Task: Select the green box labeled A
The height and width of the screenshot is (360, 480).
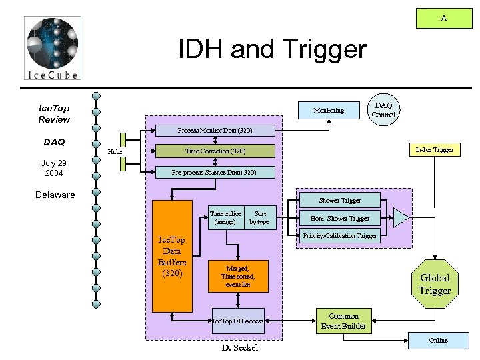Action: [x=443, y=19]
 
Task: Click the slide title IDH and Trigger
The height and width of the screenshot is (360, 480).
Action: [x=272, y=49]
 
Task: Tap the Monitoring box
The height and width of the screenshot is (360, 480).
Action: [x=329, y=110]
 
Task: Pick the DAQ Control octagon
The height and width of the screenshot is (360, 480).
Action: [x=383, y=110]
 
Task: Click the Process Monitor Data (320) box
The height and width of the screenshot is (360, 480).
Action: [x=214, y=130]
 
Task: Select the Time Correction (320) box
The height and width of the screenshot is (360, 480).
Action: [x=214, y=151]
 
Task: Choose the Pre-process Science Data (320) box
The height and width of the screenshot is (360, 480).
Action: [x=214, y=173]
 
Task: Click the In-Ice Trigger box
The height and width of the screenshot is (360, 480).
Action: [x=434, y=150]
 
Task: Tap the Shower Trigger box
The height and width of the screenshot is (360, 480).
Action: [x=339, y=200]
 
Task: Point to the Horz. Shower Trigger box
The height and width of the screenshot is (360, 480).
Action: [x=339, y=218]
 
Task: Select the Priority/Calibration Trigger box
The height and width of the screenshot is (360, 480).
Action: [x=339, y=236]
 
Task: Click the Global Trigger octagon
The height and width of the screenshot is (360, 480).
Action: [x=434, y=284]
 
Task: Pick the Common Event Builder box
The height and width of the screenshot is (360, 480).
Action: [x=343, y=321]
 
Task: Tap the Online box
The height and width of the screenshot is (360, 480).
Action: [x=438, y=341]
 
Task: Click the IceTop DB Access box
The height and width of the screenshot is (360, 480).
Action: [x=237, y=321]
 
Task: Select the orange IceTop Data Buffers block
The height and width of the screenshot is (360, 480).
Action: [x=172, y=256]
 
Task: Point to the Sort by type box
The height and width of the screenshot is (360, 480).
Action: [x=259, y=218]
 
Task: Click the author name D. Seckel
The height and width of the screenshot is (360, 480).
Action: [x=239, y=348]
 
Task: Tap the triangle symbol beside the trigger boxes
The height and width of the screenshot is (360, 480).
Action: [x=402, y=218]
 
